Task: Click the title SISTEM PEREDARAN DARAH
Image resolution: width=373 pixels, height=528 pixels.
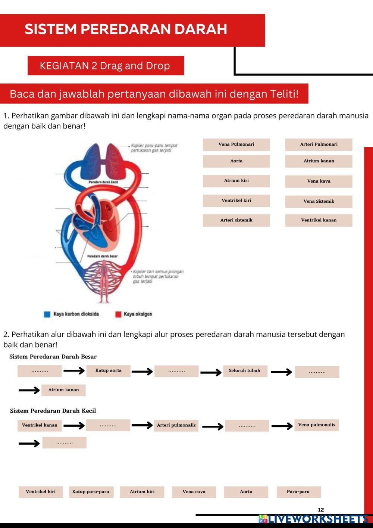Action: coord(126,29)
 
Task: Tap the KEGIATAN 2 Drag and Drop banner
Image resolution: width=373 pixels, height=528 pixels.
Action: coord(105,66)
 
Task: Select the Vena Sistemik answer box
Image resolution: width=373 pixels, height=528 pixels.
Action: coord(319,201)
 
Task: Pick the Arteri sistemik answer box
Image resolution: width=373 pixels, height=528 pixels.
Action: coord(236,220)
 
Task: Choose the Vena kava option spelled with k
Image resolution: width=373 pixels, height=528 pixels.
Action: coord(319,181)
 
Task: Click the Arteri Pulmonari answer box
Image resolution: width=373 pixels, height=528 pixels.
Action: coord(319,145)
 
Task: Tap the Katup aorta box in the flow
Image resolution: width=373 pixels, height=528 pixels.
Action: coord(108,371)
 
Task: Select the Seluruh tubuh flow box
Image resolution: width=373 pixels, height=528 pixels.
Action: coord(245,371)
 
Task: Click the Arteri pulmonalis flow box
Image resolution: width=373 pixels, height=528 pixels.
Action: coord(176,425)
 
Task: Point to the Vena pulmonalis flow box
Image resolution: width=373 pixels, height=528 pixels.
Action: coord(316,425)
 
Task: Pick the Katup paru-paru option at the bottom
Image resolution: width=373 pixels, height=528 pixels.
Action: coord(91,492)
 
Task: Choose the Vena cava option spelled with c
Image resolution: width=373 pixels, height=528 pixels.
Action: coord(194,492)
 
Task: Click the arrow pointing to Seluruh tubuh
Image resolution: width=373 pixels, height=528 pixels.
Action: coord(211,372)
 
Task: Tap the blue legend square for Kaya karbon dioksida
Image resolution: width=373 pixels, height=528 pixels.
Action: coord(47,314)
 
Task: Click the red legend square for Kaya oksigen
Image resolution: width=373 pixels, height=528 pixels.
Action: coord(118,314)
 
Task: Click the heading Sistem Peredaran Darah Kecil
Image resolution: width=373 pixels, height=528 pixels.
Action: coord(53,411)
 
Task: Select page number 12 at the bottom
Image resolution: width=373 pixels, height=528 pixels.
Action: coord(321,510)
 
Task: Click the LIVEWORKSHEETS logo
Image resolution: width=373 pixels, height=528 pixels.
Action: coord(313,519)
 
